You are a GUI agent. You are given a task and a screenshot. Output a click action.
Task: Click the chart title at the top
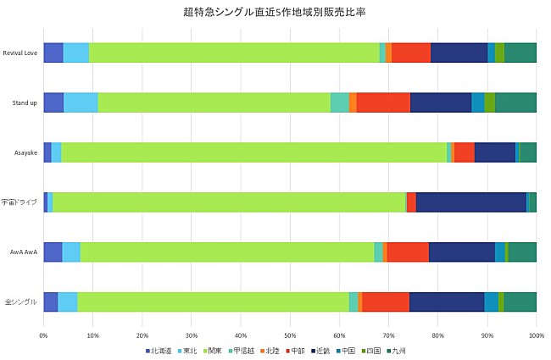[275, 12]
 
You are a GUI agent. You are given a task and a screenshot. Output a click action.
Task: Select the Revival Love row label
[21, 53]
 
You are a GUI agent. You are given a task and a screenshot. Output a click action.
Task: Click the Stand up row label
[25, 102]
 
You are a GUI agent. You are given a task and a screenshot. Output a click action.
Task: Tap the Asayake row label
[26, 152]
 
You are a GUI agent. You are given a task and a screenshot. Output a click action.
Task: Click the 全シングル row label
[21, 302]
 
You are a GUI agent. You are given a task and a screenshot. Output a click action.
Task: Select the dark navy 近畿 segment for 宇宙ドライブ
[470, 202]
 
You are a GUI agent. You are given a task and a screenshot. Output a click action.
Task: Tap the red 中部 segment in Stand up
[383, 102]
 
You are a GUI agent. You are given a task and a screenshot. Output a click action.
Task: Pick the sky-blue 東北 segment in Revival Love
[75, 53]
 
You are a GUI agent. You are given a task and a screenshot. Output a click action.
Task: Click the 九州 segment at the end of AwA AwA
[522, 252]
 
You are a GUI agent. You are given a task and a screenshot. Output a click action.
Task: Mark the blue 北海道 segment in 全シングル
[50, 302]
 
